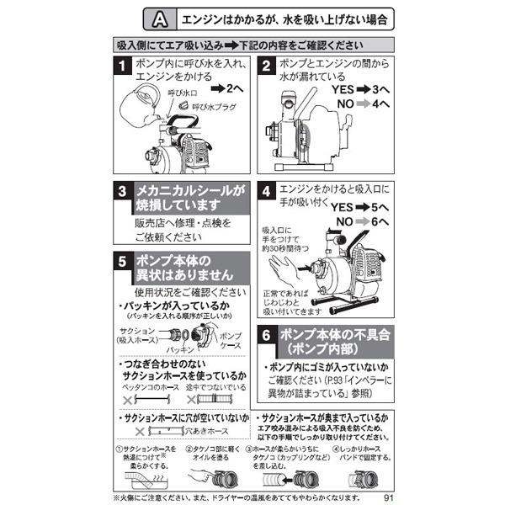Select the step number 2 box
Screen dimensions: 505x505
coord(267,65)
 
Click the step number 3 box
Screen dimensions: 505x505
coord(123,192)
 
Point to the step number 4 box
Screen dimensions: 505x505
coord(267,192)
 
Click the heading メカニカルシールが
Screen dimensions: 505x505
coord(187,192)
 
